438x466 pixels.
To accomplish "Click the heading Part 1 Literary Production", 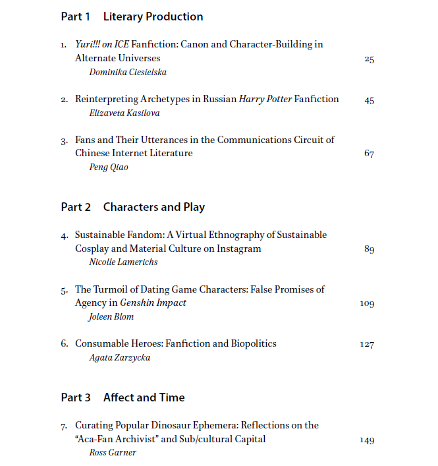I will [132, 16].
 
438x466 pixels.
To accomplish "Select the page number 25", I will [369, 59].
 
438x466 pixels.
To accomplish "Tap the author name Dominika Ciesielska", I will [128, 72].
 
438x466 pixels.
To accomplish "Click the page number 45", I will [369, 100].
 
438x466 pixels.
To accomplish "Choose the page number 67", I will [369, 154].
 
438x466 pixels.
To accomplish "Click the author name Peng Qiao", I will [109, 167].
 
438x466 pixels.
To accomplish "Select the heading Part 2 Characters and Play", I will [132, 207].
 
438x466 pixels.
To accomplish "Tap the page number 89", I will [369, 249].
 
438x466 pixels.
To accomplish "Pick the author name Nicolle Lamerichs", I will [123, 262].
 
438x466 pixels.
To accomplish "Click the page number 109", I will [367, 303].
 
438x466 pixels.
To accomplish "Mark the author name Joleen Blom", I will [111, 316].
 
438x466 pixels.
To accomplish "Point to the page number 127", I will [367, 344].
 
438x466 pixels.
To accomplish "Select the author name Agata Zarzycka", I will [119, 357].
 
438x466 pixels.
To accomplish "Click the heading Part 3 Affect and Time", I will [123, 397].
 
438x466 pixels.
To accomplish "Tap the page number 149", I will [367, 440].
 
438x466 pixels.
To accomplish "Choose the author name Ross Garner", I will [113, 453].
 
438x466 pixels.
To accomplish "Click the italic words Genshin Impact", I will [153, 303].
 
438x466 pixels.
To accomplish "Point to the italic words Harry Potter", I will [265, 100].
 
